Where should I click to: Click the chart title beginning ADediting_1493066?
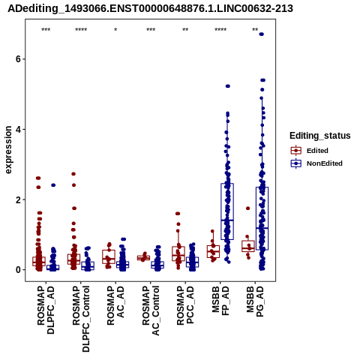click(150, 8)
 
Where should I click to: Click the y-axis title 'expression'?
click(8, 150)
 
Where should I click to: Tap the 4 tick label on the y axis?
click(17, 129)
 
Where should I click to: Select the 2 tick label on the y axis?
click(17, 199)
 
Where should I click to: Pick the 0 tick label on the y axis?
click(17, 270)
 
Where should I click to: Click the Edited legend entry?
click(310, 151)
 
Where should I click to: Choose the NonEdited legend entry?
click(316, 163)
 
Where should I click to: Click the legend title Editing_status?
click(320, 136)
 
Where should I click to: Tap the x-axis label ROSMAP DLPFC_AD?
click(46, 310)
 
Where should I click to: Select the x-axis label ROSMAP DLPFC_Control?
click(81, 319)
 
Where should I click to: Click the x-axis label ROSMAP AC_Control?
click(151, 310)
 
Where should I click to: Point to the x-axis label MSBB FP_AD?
click(220, 301)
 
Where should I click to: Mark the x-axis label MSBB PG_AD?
click(255, 301)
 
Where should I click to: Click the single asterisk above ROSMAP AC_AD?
click(115, 30)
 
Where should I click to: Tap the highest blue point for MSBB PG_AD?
click(262, 34)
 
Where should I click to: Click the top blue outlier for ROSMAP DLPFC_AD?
click(53, 185)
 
